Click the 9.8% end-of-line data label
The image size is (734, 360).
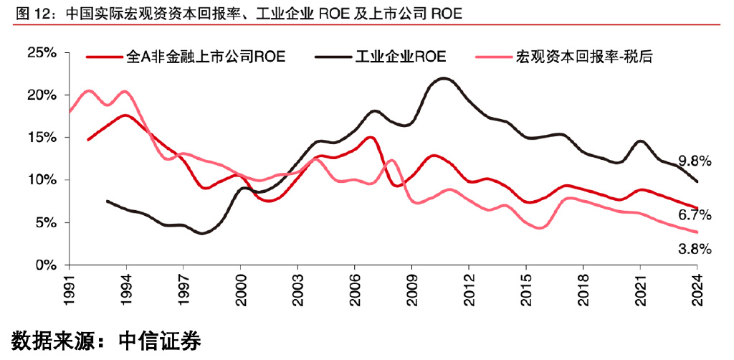[695, 161]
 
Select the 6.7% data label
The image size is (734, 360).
[695, 214]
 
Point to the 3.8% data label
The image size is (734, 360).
[695, 249]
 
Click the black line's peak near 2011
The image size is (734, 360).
[444, 78]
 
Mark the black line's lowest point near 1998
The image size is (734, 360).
[204, 233]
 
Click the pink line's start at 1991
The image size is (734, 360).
[70, 112]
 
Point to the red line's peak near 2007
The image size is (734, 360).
[370, 137]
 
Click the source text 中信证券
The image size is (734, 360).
[158, 340]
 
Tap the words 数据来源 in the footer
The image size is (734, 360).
[50, 340]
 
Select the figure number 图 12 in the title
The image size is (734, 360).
[30, 13]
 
